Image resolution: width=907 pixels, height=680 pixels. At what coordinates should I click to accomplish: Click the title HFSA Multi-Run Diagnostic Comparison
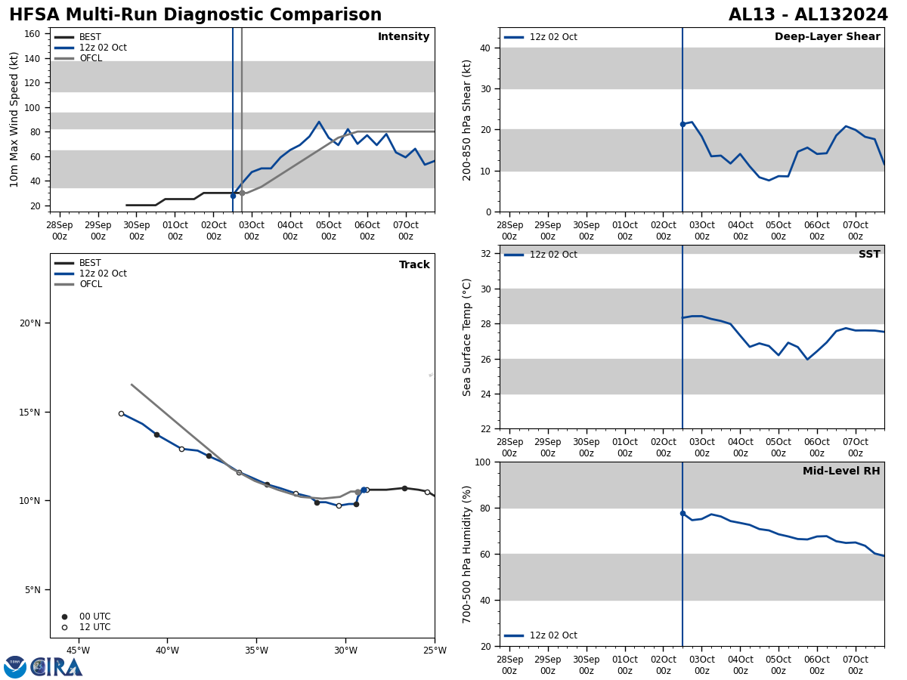pyautogui.click(x=195, y=15)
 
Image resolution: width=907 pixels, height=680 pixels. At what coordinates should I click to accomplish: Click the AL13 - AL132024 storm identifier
pyautogui.click(x=808, y=15)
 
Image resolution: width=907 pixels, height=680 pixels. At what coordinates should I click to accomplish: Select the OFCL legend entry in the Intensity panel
pyautogui.click(x=90, y=58)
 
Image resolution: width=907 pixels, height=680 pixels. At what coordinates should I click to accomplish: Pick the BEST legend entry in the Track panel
pyautogui.click(x=90, y=263)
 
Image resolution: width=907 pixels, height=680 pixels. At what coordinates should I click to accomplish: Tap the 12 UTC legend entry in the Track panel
pyautogui.click(x=94, y=627)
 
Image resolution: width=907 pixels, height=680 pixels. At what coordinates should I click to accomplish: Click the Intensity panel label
pyautogui.click(x=404, y=37)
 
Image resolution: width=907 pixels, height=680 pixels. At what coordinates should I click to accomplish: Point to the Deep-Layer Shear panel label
pyautogui.click(x=827, y=37)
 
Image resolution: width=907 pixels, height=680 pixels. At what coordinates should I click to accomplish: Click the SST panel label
pyautogui.click(x=869, y=255)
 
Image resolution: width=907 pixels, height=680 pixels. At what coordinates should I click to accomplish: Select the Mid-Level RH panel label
pyautogui.click(x=841, y=471)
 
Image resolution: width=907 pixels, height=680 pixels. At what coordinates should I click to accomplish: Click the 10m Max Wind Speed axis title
pyautogui.click(x=15, y=119)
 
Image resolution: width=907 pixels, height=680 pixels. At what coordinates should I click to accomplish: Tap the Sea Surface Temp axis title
pyautogui.click(x=467, y=337)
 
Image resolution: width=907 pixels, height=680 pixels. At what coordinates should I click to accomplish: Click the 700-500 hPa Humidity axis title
pyautogui.click(x=467, y=554)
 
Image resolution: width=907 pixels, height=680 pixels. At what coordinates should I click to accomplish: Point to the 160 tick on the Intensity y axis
pyautogui.click(x=33, y=34)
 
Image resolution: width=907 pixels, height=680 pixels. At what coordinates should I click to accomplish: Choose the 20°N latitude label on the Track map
pyautogui.click(x=30, y=323)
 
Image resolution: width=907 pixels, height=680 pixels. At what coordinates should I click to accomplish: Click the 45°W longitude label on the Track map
pyautogui.click(x=78, y=650)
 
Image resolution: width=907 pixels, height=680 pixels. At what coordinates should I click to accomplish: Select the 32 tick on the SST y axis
pyautogui.click(x=485, y=254)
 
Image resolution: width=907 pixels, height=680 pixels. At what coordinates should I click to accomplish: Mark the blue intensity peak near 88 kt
pyautogui.click(x=319, y=122)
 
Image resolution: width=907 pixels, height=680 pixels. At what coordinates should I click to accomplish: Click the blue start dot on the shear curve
pyautogui.click(x=683, y=124)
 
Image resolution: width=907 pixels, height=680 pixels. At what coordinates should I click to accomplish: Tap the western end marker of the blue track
pyautogui.click(x=121, y=413)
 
